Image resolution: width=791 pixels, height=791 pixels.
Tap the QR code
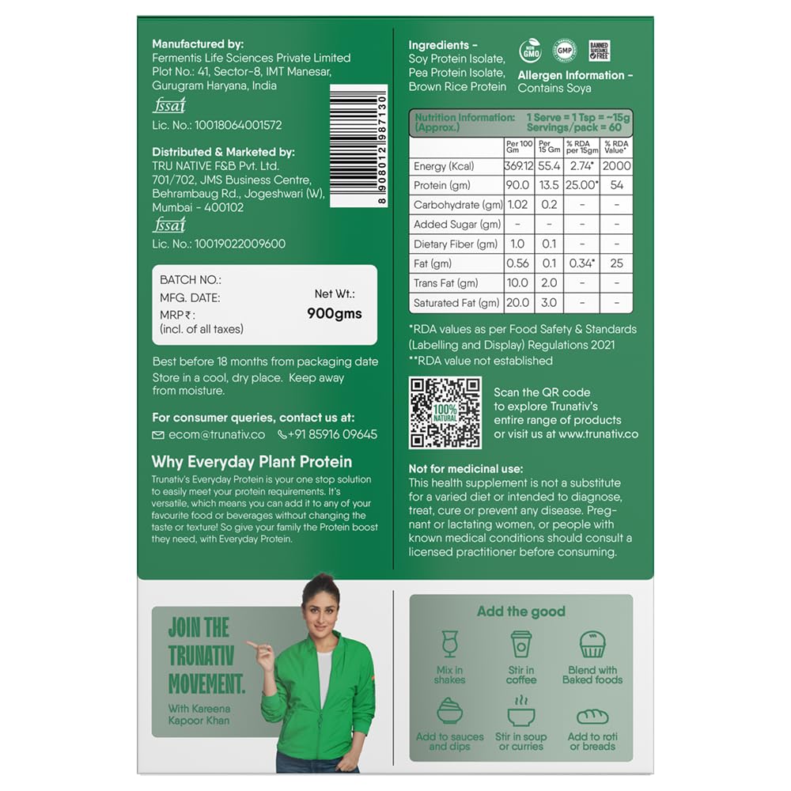tap(445, 411)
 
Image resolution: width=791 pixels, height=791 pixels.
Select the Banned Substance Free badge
tap(599, 51)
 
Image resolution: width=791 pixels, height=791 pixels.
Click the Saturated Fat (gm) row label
tap(456, 303)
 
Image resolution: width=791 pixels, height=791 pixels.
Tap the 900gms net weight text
tap(334, 313)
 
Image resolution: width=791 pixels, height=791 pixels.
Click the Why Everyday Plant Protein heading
tap(252, 462)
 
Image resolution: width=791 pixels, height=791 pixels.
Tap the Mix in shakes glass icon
tap(450, 645)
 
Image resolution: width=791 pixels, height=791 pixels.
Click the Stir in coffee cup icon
tap(521, 645)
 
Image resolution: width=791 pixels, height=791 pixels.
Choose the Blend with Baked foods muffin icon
tap(592, 645)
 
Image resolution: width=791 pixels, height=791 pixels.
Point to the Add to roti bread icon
tap(592, 717)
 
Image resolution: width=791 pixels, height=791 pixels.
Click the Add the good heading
tap(520, 611)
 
